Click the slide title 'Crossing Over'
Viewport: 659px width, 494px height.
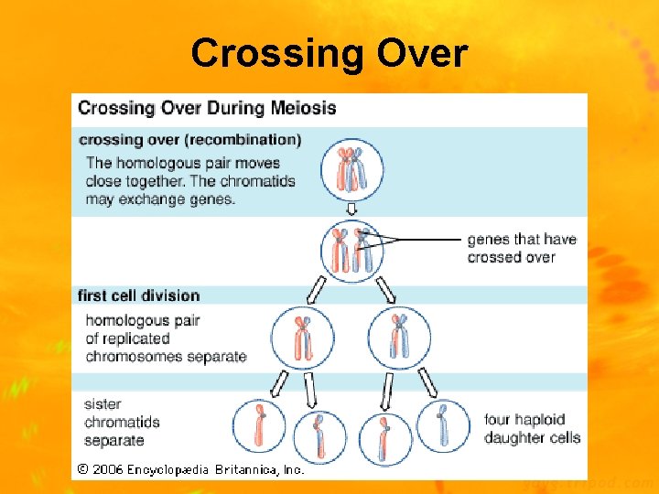pos(329,54)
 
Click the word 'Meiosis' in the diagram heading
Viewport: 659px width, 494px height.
pos(302,108)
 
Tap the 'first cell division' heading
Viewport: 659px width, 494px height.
pos(138,295)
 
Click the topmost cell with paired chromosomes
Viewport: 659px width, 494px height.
pos(351,168)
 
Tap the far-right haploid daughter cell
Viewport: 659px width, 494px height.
pos(443,425)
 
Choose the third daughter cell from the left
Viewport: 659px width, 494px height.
pos(384,437)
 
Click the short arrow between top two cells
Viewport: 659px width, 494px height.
pos(351,209)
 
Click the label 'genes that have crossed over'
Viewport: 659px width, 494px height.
pos(522,248)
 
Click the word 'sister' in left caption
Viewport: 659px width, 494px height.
pos(103,403)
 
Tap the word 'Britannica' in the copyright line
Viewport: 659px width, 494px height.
pos(247,469)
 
